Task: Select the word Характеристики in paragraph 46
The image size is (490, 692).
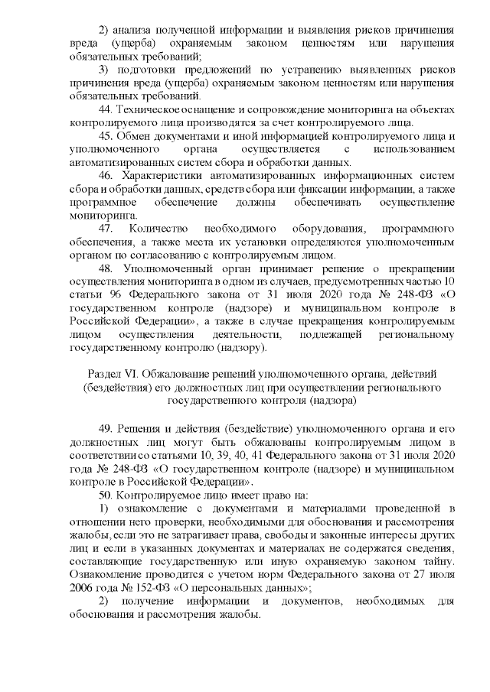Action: pos(168,176)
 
